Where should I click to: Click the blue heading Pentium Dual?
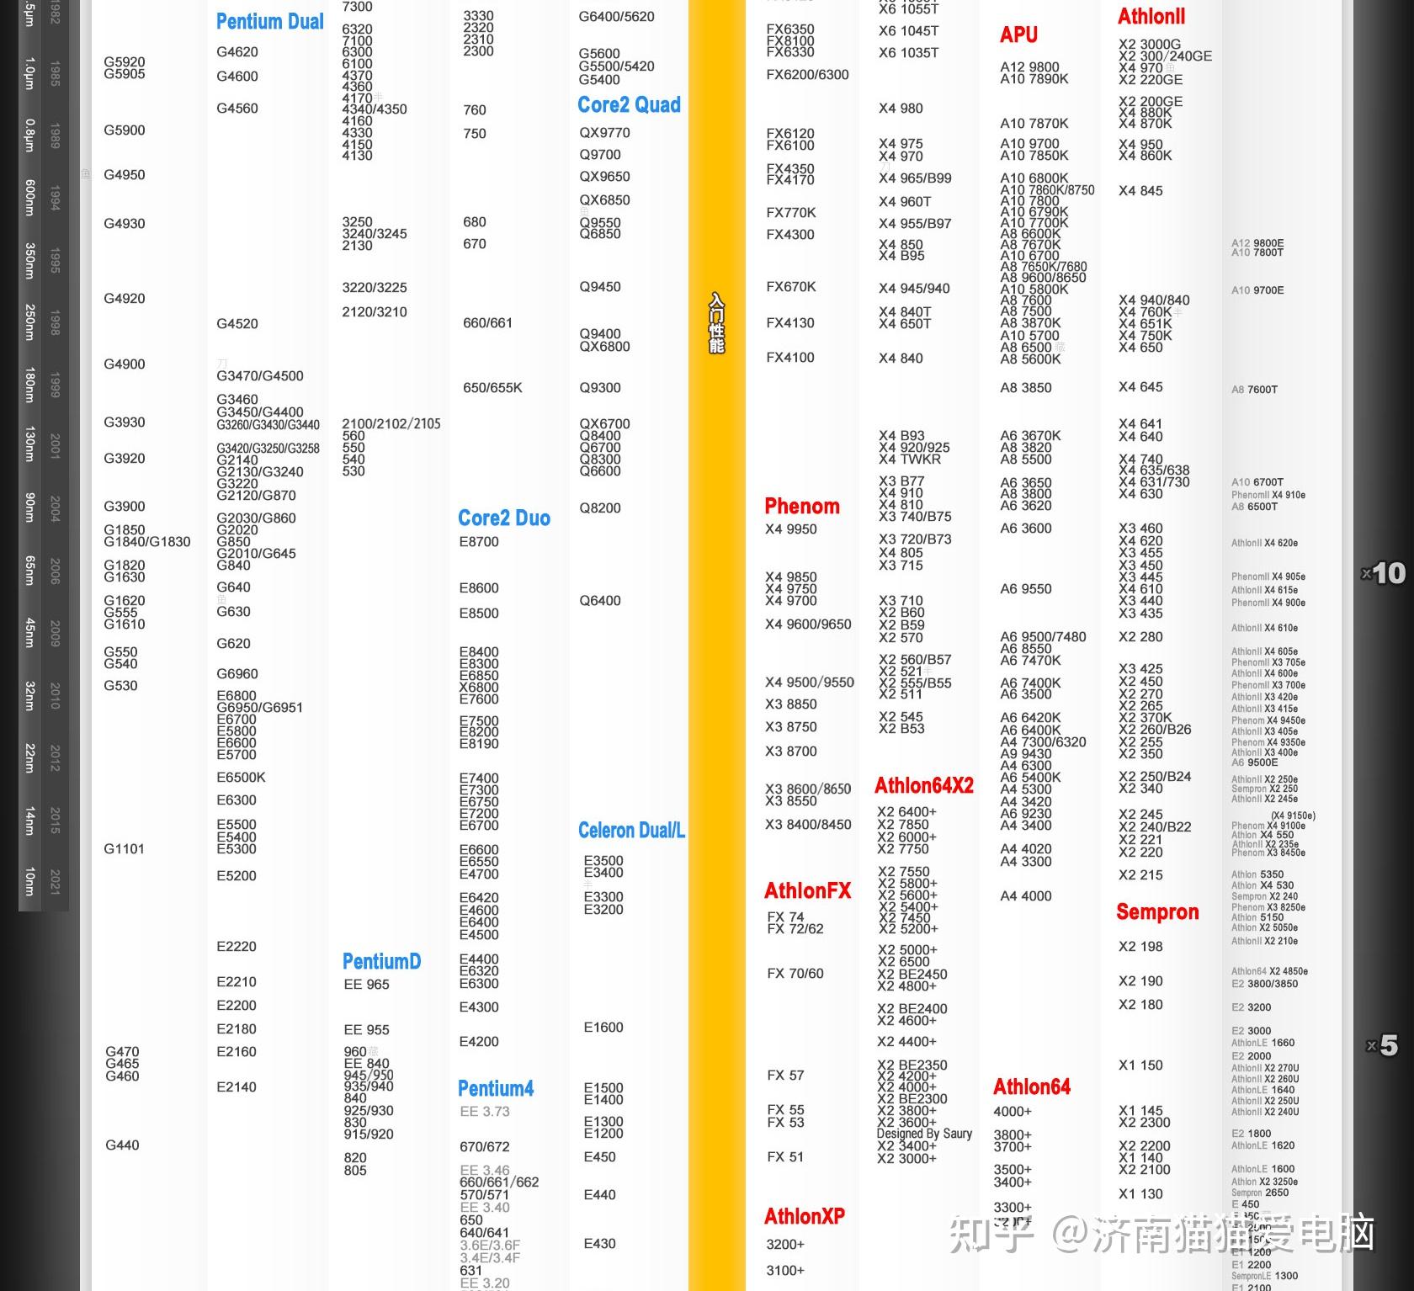pyautogui.click(x=269, y=22)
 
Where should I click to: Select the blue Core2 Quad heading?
pyautogui.click(x=629, y=105)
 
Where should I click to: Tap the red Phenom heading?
pyautogui.click(x=801, y=507)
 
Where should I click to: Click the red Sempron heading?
pyautogui.click(x=1156, y=912)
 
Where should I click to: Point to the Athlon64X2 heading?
pyautogui.click(x=923, y=786)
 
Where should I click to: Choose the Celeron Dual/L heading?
pyautogui.click(x=631, y=831)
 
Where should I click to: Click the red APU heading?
pyautogui.click(x=1018, y=35)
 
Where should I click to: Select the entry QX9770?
pyautogui.click(x=604, y=133)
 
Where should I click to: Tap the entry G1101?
pyautogui.click(x=124, y=849)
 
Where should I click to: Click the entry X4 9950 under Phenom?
pyautogui.click(x=790, y=529)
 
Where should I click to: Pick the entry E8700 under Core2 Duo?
pyautogui.click(x=478, y=542)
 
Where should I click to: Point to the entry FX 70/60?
pyautogui.click(x=795, y=974)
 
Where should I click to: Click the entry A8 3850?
pyautogui.click(x=1025, y=388)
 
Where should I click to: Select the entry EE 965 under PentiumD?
pyautogui.click(x=366, y=985)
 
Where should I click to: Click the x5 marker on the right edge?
pyautogui.click(x=1382, y=1046)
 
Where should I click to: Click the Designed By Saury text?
pyautogui.click(x=923, y=1134)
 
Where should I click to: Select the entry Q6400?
pyautogui.click(x=599, y=601)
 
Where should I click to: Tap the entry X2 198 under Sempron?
pyautogui.click(x=1140, y=947)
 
